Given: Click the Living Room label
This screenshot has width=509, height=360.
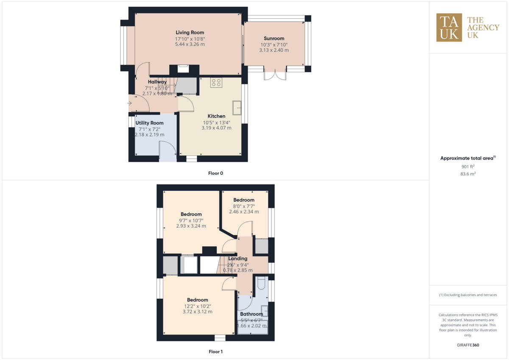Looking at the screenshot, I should point(190,32).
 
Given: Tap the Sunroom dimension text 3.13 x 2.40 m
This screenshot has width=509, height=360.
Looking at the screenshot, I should point(274,50).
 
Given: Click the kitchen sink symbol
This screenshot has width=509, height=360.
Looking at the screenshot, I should point(237,107).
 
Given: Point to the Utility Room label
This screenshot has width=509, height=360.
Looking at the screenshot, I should point(149,123).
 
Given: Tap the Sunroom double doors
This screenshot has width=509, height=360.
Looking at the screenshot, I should point(274,74).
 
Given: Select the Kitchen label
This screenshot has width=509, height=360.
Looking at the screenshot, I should point(216,116).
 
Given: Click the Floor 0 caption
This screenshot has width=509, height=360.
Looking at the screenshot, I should point(215,173).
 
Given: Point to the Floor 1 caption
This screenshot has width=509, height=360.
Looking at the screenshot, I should point(215,352).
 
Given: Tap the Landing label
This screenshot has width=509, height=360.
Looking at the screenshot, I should point(238,259).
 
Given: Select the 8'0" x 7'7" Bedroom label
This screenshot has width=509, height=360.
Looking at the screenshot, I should point(243,200).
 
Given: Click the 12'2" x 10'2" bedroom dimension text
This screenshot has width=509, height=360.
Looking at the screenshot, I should point(198,306).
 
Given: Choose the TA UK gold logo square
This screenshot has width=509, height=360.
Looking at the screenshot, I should point(449,28).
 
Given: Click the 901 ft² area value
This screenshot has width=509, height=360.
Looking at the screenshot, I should point(467,166).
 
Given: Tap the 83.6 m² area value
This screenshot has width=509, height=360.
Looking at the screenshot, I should point(467,173).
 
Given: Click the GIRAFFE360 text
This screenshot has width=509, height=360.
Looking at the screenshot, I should point(467,345).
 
